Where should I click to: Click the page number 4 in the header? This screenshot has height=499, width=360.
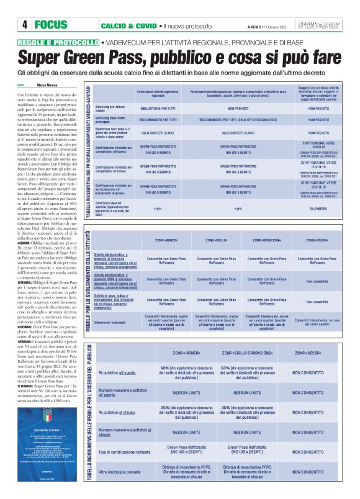24,25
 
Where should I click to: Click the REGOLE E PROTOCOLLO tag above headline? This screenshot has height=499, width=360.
58,42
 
